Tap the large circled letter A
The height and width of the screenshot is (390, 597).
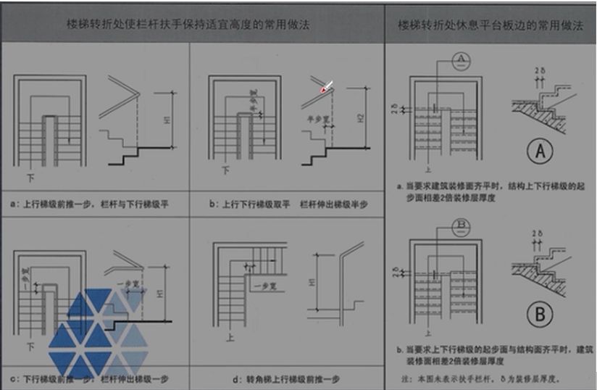[x=542, y=152]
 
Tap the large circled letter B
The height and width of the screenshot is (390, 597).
[x=542, y=315]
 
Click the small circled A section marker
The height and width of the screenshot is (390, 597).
[x=462, y=62]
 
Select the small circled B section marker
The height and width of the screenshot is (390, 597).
[x=462, y=226]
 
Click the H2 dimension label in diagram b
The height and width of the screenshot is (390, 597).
[x=360, y=118]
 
